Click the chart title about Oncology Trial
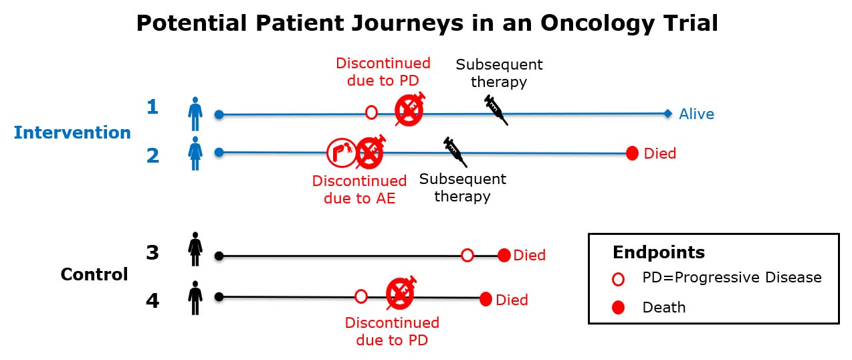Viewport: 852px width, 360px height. tap(427, 23)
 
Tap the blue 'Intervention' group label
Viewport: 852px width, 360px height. tap(72, 132)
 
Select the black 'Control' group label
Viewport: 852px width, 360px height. tap(94, 274)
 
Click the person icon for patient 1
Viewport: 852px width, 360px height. tap(195, 114)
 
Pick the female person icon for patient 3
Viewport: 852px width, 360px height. tap(195, 249)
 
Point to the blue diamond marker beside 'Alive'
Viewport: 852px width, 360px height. tap(667, 114)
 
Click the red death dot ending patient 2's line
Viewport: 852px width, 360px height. tap(632, 153)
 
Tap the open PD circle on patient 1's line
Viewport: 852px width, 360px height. tap(371, 112)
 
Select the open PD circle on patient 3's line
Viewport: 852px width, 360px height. tap(467, 255)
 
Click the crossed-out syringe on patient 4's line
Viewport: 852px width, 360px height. tap(401, 292)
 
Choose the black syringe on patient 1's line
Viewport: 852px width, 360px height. tap(496, 109)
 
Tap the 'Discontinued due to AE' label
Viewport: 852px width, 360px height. tap(359, 189)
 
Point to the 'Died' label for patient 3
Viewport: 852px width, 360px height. tap(529, 256)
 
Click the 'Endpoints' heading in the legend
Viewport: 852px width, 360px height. tap(658, 252)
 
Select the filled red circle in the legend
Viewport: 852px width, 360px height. tap(618, 308)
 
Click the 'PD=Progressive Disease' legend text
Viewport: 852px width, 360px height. tap(732, 277)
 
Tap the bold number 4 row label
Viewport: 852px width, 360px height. tap(152, 300)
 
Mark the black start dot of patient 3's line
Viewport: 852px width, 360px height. tap(219, 256)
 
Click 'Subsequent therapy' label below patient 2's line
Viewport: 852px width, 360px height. tap(462, 188)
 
